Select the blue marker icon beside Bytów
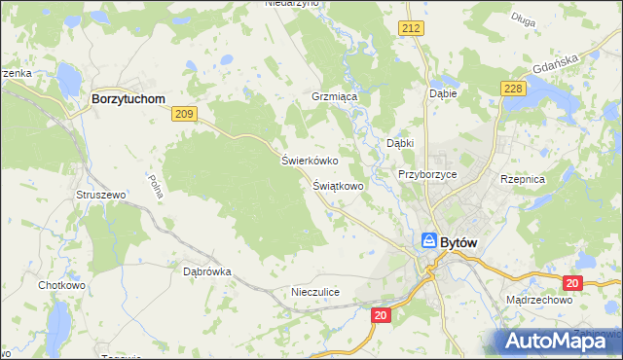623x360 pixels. [428, 239]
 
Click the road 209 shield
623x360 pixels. [184, 115]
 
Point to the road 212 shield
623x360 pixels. [409, 29]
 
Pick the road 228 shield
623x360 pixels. [513, 90]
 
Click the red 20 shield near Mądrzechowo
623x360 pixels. [572, 283]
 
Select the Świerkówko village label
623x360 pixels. [309, 161]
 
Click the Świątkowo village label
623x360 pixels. [338, 184]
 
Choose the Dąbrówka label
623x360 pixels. [206, 271]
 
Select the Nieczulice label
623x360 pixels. [314, 291]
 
